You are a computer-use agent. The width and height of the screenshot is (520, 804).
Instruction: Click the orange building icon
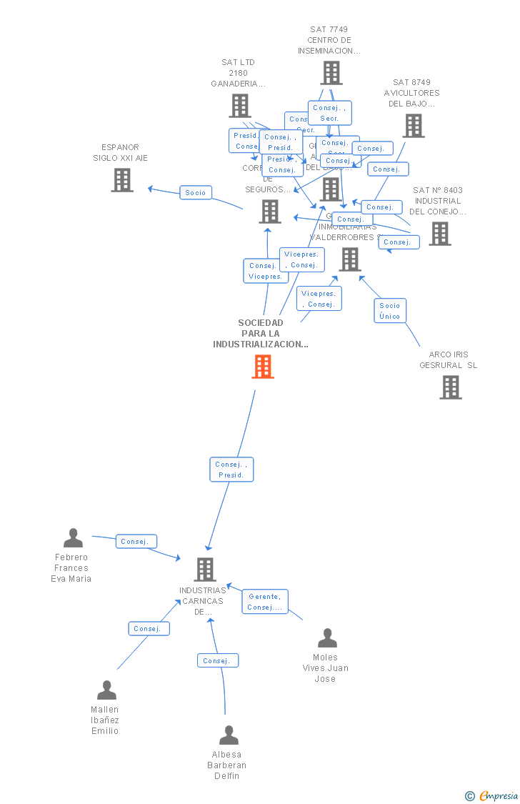(263, 367)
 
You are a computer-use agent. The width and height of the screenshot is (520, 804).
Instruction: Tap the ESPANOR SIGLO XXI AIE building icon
(122, 180)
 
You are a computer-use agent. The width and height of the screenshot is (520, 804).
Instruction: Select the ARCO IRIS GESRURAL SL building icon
(450, 387)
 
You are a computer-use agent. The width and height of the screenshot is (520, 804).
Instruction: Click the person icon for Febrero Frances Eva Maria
(73, 538)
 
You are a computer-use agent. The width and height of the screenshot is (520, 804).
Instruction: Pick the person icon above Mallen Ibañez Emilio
(106, 690)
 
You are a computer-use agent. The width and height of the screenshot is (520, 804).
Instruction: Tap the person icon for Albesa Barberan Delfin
(229, 735)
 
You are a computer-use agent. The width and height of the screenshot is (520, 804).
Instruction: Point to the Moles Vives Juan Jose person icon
(327, 638)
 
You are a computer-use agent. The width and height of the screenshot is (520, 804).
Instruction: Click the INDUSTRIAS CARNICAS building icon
(205, 570)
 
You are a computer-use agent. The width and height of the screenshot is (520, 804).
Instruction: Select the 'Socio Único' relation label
(390, 311)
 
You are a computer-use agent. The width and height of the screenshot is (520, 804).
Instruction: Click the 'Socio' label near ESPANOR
(196, 193)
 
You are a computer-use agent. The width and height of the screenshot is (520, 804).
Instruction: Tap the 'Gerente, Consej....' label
(265, 602)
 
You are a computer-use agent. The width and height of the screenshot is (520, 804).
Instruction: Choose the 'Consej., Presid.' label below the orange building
(231, 470)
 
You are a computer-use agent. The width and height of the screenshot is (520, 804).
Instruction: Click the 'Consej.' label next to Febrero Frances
(136, 542)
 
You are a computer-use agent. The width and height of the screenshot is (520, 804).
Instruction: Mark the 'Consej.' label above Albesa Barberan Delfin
(217, 661)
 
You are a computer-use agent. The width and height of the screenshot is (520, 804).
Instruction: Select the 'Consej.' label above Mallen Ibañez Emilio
(149, 629)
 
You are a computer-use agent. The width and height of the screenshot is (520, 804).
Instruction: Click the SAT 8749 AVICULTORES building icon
(413, 126)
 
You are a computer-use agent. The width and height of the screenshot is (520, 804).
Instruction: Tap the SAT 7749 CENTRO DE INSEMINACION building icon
(331, 73)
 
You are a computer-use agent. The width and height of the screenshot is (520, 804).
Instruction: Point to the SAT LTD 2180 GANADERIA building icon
(240, 106)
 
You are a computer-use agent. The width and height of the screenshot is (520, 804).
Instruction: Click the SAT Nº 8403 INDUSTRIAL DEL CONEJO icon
(439, 234)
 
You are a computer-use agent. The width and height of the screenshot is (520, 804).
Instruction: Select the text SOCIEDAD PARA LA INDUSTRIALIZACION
(261, 334)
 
